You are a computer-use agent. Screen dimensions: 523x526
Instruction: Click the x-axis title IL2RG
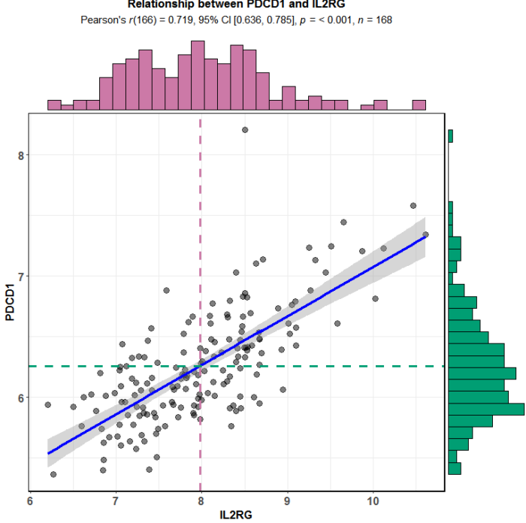click(237, 515)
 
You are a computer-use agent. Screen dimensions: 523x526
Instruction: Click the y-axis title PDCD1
click(11, 302)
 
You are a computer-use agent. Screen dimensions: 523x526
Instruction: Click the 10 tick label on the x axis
click(373, 501)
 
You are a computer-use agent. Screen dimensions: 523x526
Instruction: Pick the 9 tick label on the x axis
click(287, 501)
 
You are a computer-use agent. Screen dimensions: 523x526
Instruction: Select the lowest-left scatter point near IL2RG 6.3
click(53, 474)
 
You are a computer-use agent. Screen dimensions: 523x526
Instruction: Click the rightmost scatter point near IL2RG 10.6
click(425, 234)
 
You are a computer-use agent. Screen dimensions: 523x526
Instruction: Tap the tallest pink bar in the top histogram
click(198, 75)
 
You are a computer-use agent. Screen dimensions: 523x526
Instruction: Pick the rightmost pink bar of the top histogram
click(419, 105)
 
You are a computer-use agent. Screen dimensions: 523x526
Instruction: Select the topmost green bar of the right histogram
click(450, 136)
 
